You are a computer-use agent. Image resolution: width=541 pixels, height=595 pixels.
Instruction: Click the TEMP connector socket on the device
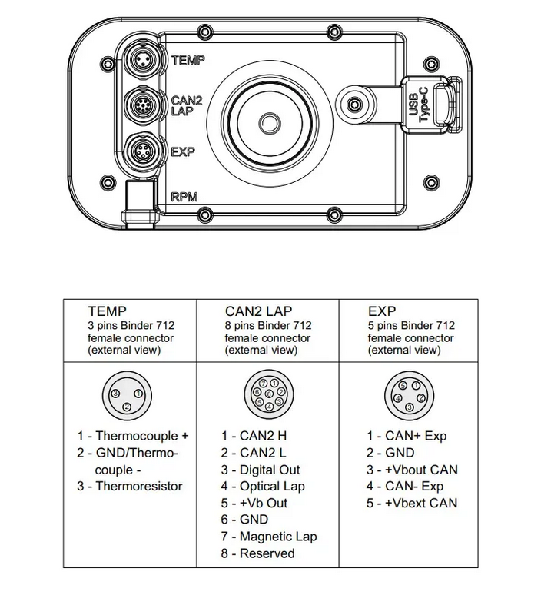(x=141, y=61)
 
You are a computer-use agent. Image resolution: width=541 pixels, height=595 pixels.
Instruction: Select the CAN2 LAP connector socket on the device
(x=141, y=105)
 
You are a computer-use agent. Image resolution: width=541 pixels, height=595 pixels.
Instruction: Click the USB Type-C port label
(x=419, y=103)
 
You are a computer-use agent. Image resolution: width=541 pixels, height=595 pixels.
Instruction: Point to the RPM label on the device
(x=184, y=197)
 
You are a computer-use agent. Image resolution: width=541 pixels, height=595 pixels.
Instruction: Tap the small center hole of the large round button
(x=268, y=123)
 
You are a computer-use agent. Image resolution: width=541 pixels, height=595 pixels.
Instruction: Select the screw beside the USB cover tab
(x=354, y=105)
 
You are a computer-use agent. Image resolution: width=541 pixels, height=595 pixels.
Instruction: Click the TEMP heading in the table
(x=107, y=312)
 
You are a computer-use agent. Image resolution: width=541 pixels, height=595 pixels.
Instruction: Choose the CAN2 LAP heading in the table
(x=258, y=312)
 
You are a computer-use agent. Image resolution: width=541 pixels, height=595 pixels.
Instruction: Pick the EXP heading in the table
(x=382, y=312)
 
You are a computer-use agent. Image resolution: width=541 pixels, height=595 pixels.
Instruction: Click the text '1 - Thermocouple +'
(x=132, y=436)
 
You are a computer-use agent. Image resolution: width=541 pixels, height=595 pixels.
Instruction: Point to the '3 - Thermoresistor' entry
(x=129, y=486)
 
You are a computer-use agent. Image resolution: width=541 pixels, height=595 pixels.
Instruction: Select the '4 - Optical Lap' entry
(x=262, y=486)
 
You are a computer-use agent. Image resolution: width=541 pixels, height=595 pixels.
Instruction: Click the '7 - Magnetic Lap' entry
(x=268, y=537)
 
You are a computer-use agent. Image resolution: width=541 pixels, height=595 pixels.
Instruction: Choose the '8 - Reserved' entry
(x=257, y=553)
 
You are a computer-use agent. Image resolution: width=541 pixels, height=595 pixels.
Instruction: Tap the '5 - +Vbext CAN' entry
(x=411, y=503)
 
